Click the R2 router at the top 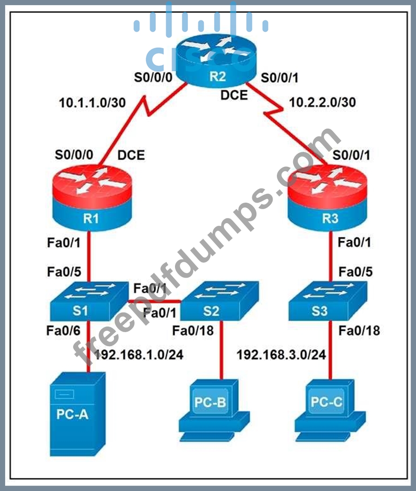[216, 61]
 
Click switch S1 [89, 301]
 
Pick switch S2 [220, 301]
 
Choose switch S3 [328, 301]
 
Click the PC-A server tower [78, 414]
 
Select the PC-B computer [215, 410]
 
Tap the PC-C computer [330, 410]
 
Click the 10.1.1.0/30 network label [92, 102]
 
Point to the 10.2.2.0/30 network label [322, 102]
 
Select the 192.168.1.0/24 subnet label [139, 355]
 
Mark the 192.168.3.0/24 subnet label [281, 355]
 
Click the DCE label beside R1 [131, 155]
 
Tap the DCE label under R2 [234, 95]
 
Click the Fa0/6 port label [63, 331]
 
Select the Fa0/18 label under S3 [359, 331]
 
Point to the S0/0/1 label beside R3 [351, 155]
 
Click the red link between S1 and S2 [154, 301]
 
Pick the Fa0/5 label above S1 [64, 272]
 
